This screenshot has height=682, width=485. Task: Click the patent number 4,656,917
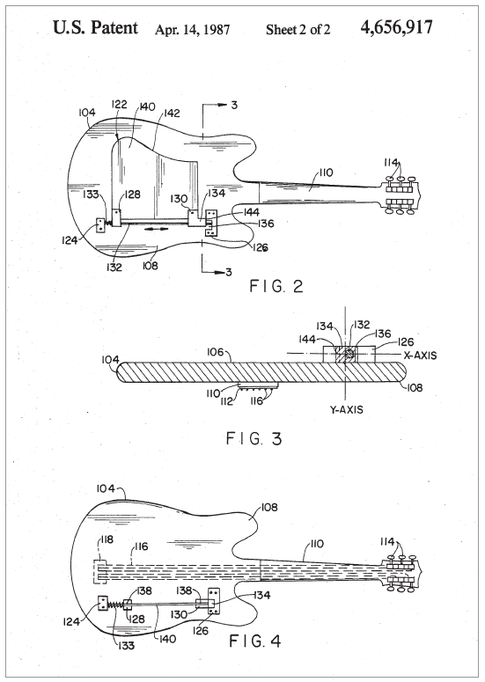point(396,27)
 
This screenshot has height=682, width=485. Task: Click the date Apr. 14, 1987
point(192,30)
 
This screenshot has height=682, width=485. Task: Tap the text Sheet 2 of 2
point(298,29)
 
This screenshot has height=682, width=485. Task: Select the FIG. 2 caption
point(276,286)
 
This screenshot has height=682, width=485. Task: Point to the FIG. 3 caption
point(254,438)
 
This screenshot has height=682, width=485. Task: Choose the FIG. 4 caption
point(255,641)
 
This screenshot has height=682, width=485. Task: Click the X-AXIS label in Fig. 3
point(420,355)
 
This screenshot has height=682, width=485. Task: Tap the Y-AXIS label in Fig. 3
point(346,409)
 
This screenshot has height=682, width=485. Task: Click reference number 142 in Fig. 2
point(171,114)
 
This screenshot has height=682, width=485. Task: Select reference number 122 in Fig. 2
point(119,104)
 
